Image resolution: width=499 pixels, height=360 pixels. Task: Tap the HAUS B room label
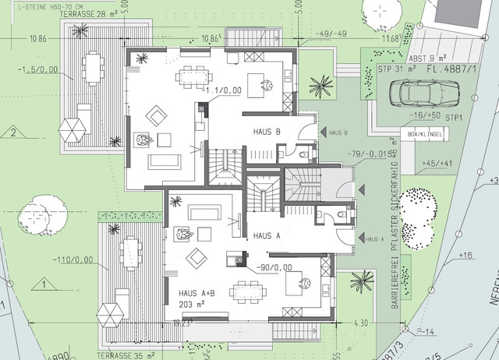coord(267,132)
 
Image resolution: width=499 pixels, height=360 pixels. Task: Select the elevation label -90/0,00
coord(272,267)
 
